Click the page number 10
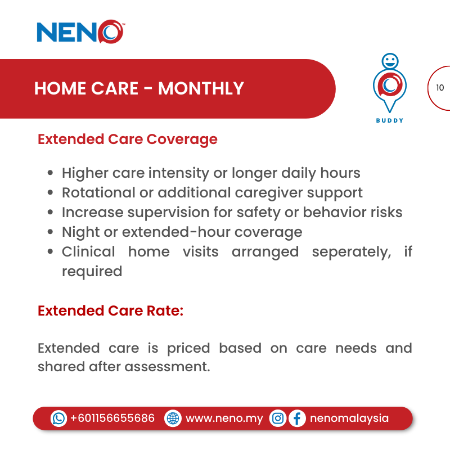coord(440,88)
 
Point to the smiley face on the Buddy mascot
coord(389,60)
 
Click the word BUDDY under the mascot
coord(389,120)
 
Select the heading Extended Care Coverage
coord(127,139)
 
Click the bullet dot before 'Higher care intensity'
coord(51,173)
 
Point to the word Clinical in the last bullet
coord(88,251)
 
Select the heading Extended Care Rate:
coord(110,310)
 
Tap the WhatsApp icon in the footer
coord(58,418)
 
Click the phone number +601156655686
coord(112,418)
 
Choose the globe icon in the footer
coord(173,418)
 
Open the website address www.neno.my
coord(224,418)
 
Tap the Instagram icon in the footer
coord(277,418)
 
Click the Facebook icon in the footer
coord(296,418)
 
